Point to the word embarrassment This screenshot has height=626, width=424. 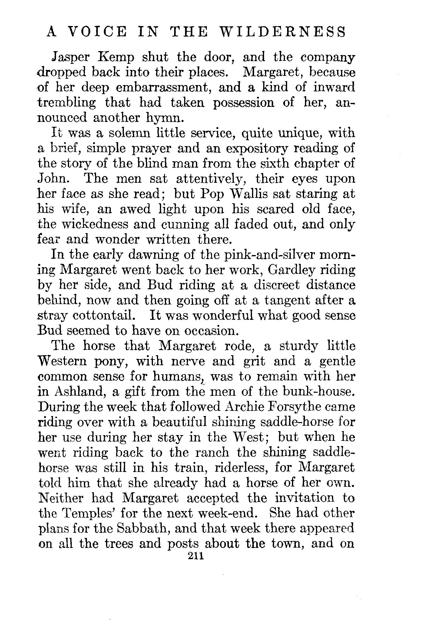164,88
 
